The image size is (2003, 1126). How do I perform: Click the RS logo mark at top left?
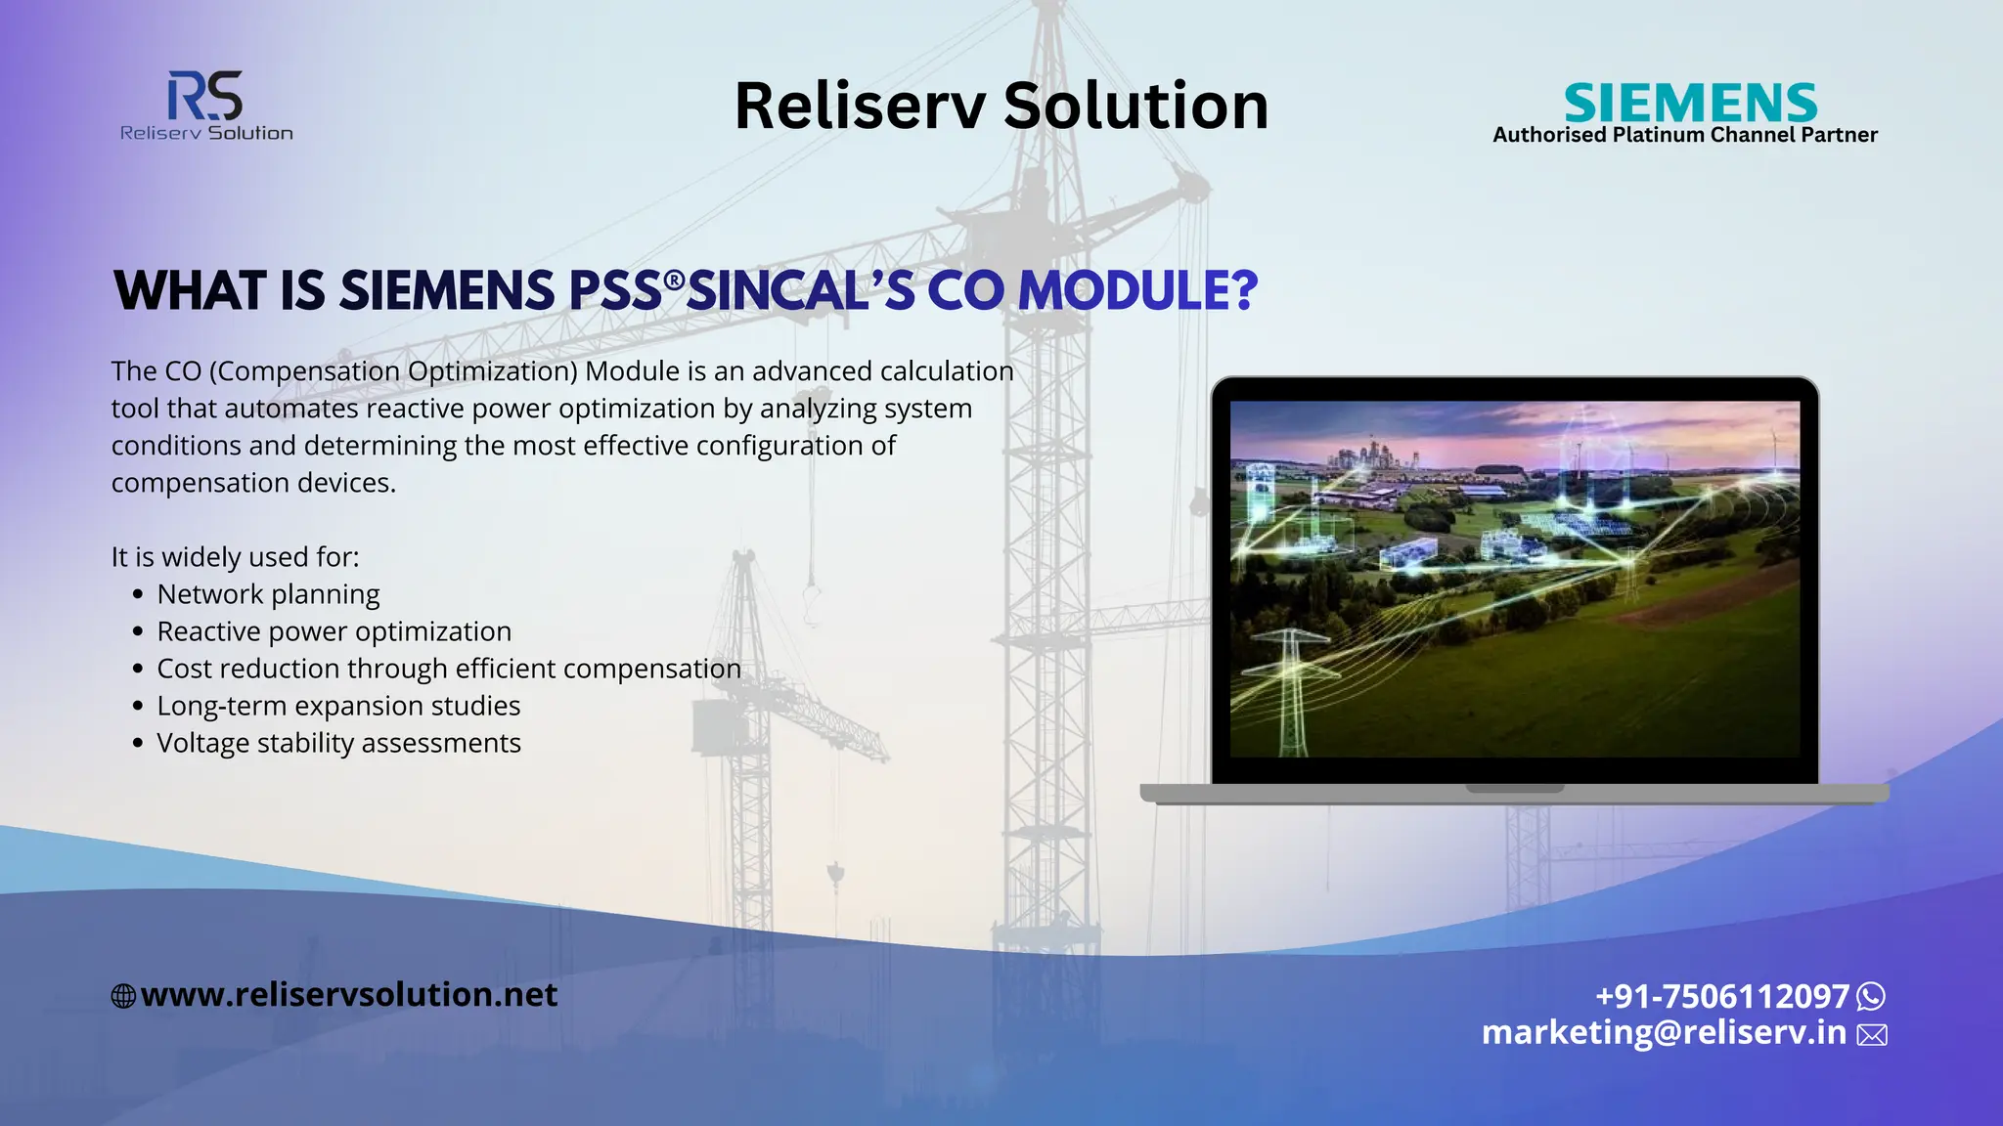204,95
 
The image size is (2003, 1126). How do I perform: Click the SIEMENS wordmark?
1690,103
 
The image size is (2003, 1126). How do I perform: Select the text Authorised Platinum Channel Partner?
1684,135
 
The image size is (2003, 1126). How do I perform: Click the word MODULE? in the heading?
1137,291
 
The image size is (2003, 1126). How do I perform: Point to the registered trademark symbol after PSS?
674,281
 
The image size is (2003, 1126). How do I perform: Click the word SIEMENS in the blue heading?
447,291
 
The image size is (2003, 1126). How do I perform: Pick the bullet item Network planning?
268,594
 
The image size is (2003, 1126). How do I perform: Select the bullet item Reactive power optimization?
334,631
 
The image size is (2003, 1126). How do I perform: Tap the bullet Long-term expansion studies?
338,706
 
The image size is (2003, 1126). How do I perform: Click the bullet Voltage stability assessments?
338,743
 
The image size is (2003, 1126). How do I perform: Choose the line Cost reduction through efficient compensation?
449,669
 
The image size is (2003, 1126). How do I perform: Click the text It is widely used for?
235,557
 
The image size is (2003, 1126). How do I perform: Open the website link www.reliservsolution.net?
349,995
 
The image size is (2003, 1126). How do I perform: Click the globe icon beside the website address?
123,996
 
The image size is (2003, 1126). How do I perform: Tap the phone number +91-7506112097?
1722,996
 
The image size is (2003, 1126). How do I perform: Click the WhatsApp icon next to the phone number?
1871,996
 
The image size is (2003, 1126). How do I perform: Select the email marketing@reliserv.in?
1664,1032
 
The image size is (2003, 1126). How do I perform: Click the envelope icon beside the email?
1872,1034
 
